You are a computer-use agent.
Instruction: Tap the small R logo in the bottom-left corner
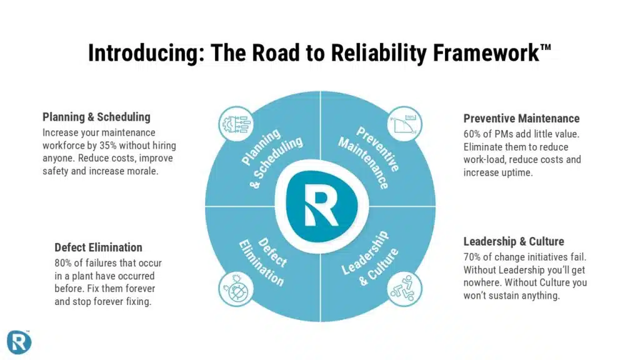click(18, 341)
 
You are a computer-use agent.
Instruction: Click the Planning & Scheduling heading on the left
click(96, 117)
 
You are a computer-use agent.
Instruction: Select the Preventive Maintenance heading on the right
click(521, 118)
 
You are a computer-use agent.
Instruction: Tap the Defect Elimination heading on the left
click(98, 247)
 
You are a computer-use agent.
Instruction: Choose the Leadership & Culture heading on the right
click(513, 241)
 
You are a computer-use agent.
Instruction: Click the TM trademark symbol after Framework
click(545, 46)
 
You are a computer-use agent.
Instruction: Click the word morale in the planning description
click(144, 171)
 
